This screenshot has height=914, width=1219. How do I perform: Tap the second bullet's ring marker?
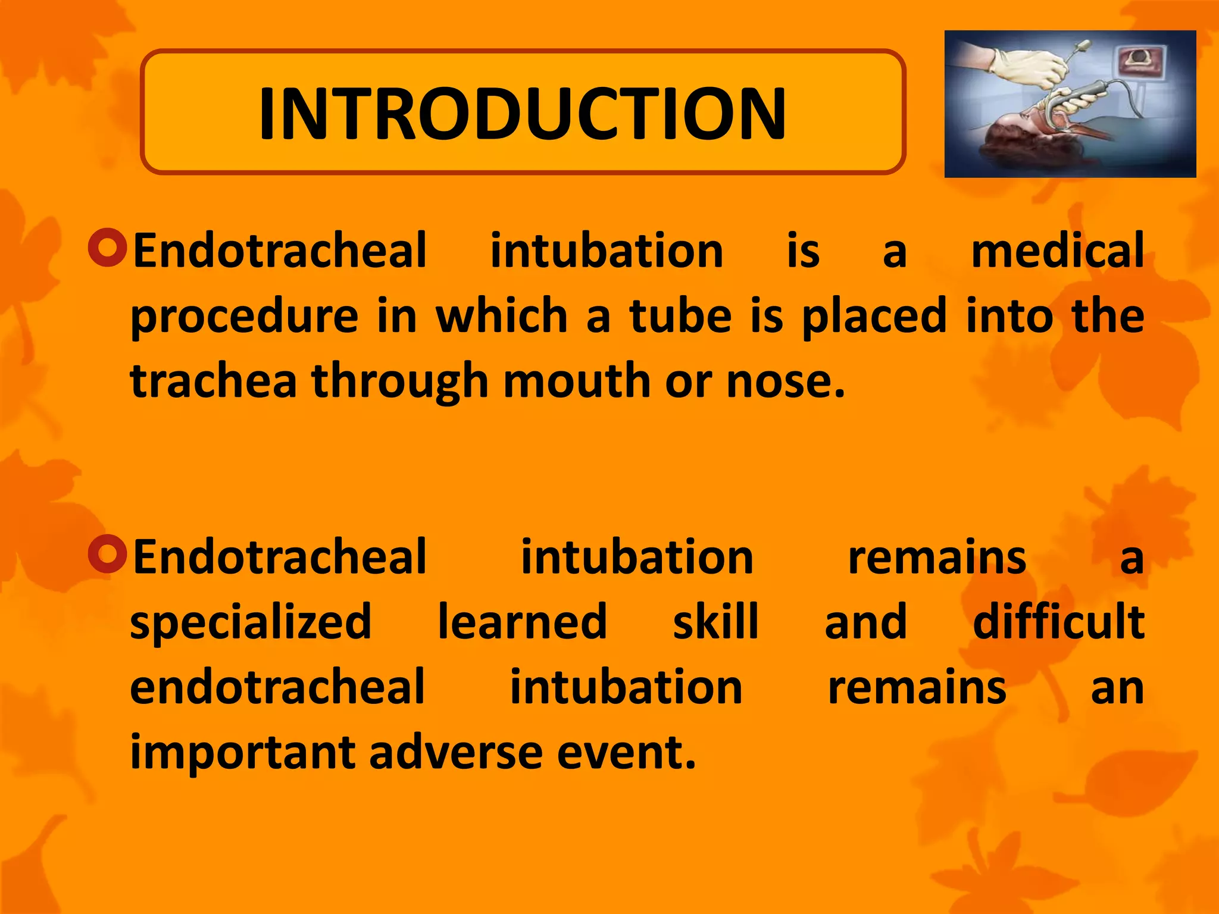pos(108,553)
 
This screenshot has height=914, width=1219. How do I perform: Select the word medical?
pos(1057,250)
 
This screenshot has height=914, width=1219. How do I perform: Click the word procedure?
pos(244,317)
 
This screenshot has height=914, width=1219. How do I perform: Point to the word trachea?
pos(213,381)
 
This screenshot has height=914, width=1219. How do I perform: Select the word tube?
pos(680,315)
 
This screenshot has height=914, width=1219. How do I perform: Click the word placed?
pos(874,317)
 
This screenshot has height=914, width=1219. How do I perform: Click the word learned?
pos(522,621)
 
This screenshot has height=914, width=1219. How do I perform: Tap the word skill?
pos(715,621)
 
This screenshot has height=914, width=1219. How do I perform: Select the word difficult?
pos(1058,621)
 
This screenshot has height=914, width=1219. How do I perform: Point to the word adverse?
pos(455,752)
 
